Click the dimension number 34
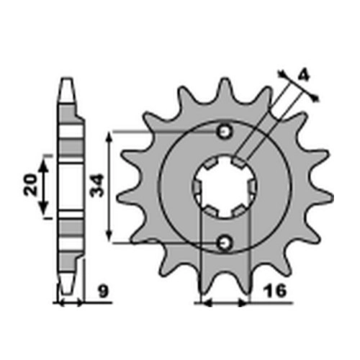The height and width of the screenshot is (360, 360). click(96, 186)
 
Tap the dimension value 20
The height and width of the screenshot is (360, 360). click(30, 185)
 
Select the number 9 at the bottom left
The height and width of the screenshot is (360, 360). click(104, 291)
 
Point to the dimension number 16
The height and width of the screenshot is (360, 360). click(275, 291)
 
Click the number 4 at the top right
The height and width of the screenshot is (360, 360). click(304, 76)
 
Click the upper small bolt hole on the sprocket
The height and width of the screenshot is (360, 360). click(225, 132)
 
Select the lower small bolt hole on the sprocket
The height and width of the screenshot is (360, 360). click(225, 243)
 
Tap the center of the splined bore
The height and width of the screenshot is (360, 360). click(225, 187)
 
